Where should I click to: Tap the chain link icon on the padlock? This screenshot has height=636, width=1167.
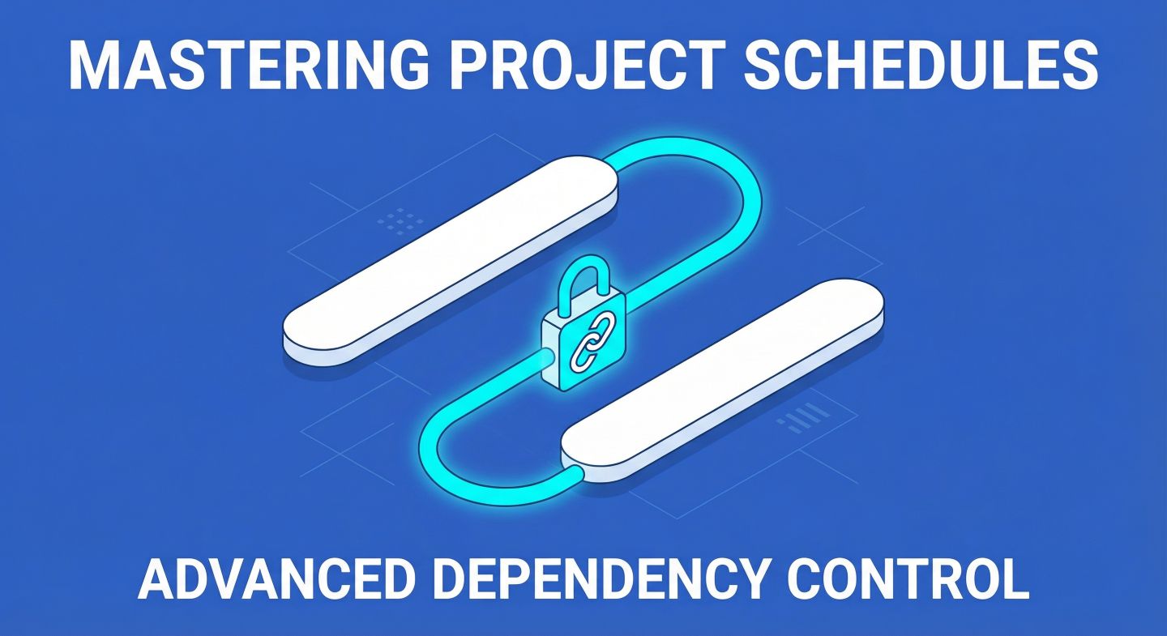click(x=584, y=343)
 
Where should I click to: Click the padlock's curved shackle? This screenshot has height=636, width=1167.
click(x=581, y=280)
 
